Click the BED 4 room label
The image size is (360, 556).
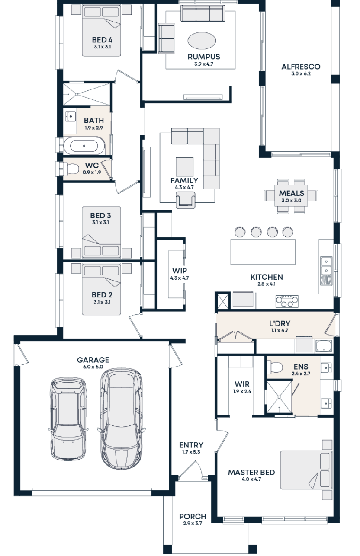102,40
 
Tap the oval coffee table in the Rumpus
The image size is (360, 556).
202,42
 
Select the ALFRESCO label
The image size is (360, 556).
301,67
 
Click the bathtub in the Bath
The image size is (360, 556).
84,146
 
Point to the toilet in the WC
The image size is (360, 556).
71,168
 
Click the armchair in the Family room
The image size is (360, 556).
186,199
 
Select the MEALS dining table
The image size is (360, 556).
291,196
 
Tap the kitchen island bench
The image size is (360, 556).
263,252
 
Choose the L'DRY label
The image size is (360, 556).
279,323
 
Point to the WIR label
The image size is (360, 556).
242,384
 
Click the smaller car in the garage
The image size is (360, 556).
68,419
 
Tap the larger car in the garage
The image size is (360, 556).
121,418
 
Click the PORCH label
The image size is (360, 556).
192,517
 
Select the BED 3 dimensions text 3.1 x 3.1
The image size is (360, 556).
100,223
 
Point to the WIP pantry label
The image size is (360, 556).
179,271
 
